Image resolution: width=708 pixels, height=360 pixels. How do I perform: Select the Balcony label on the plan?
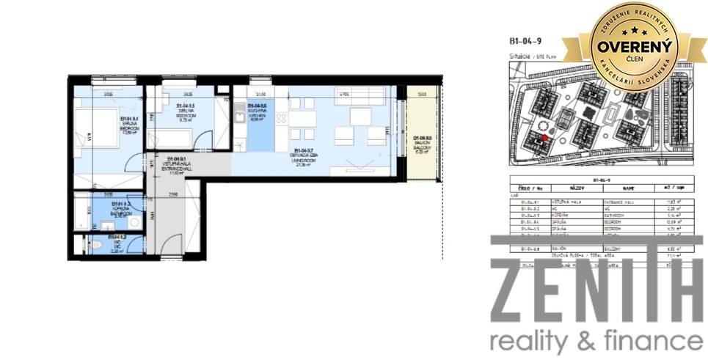pos(422,142)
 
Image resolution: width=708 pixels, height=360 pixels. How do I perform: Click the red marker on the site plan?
pos(544,136)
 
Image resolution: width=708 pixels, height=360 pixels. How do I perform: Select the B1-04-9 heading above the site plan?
pos(524,43)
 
